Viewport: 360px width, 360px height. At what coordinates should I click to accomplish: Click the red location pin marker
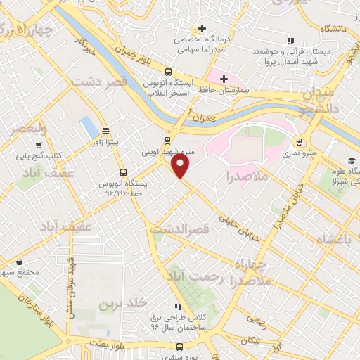181,166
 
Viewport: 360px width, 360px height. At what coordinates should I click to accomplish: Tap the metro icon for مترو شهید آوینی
167,140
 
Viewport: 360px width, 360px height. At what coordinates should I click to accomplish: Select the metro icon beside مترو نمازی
300,141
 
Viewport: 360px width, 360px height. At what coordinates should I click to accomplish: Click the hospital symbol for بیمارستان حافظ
224,78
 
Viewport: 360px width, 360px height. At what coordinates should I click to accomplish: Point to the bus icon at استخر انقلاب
168,72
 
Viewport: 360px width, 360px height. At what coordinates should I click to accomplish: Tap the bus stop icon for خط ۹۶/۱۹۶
124,172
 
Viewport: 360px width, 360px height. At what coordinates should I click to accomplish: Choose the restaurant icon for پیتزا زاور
105,131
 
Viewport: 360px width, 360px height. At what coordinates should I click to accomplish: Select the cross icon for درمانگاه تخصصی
202,29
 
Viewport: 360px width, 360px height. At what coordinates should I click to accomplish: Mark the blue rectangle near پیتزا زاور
89,127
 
